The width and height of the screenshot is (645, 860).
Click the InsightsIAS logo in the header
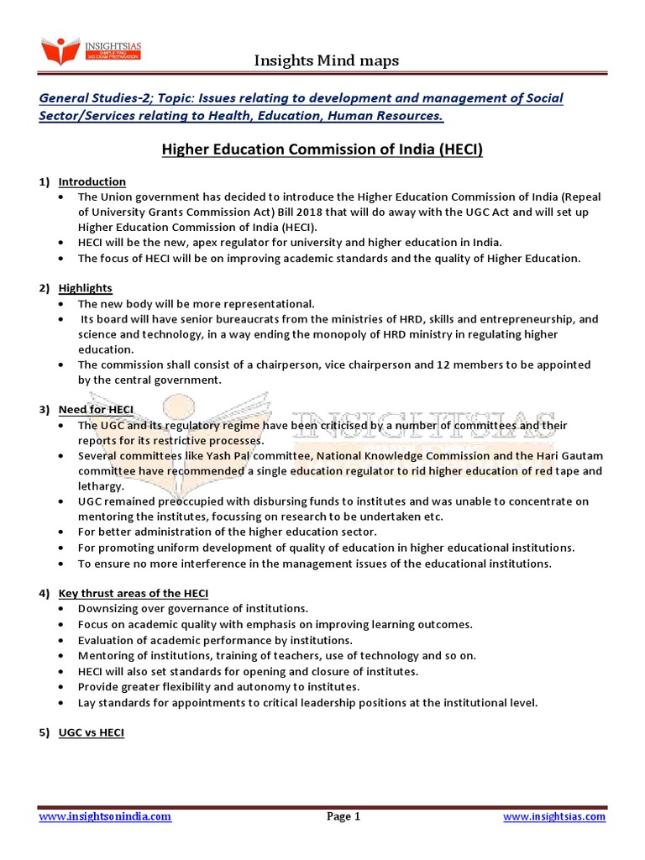pyautogui.click(x=92, y=52)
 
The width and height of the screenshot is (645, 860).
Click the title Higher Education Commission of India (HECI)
pyautogui.click(x=322, y=150)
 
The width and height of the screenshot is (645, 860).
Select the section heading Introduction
pyautogui.click(x=92, y=181)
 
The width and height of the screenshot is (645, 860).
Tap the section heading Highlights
pyautogui.click(x=85, y=288)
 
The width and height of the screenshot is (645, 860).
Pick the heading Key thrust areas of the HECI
pyautogui.click(x=134, y=593)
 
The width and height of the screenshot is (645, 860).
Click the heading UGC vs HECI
pyautogui.click(x=92, y=732)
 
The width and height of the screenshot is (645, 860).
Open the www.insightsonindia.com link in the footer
pyautogui.click(x=105, y=816)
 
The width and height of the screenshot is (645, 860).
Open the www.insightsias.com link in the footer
pyautogui.click(x=554, y=816)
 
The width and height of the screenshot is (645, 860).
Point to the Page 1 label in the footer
pyautogui.click(x=343, y=816)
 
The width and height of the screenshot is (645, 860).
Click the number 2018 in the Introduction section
pyautogui.click(x=339, y=212)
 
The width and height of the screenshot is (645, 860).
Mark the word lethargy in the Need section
pyautogui.click(x=101, y=485)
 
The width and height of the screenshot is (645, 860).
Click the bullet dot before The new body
pyautogui.click(x=63, y=303)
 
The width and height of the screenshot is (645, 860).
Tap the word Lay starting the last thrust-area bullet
pyautogui.click(x=87, y=702)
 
